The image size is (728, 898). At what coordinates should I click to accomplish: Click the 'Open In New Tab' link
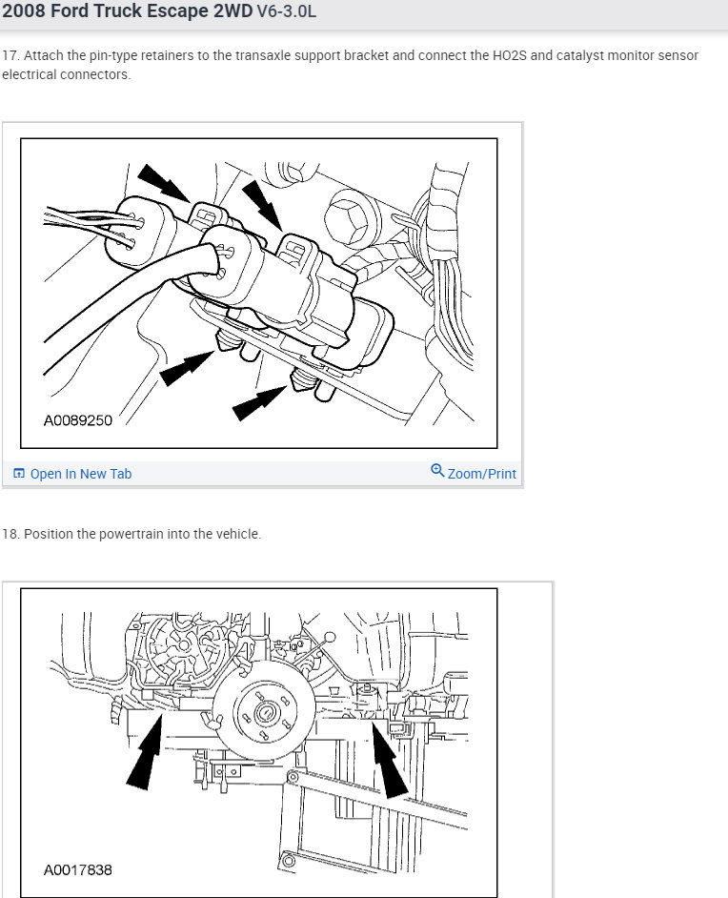[81, 474]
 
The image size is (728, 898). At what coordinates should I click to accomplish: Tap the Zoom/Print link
[481, 474]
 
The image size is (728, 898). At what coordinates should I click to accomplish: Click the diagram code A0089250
[78, 420]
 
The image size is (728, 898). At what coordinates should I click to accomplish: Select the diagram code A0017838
[78, 870]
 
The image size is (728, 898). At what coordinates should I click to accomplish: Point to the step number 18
[10, 534]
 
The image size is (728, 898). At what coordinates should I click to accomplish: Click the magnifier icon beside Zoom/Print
[437, 471]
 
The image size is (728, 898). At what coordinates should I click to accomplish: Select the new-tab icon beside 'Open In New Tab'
[19, 474]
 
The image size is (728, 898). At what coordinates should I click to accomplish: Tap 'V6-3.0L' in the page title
[286, 11]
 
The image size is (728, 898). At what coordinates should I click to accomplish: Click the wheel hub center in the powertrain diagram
[264, 712]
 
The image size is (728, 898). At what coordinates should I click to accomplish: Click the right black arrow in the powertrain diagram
[388, 760]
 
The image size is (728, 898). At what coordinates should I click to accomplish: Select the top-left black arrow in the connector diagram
[164, 183]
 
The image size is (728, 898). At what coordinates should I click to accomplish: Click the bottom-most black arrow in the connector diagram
[259, 403]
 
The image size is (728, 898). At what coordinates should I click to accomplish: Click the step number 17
[10, 55]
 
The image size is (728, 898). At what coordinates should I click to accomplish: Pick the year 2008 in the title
[24, 11]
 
